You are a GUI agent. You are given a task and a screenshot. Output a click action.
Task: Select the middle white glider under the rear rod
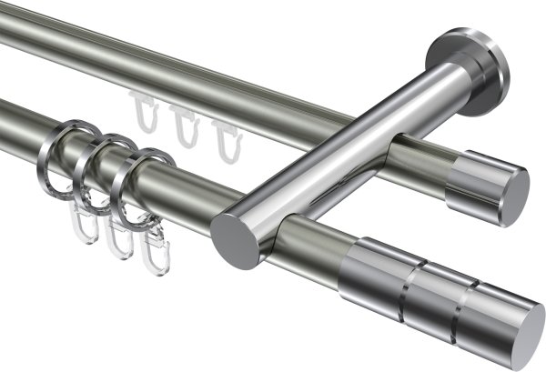(185, 128)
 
